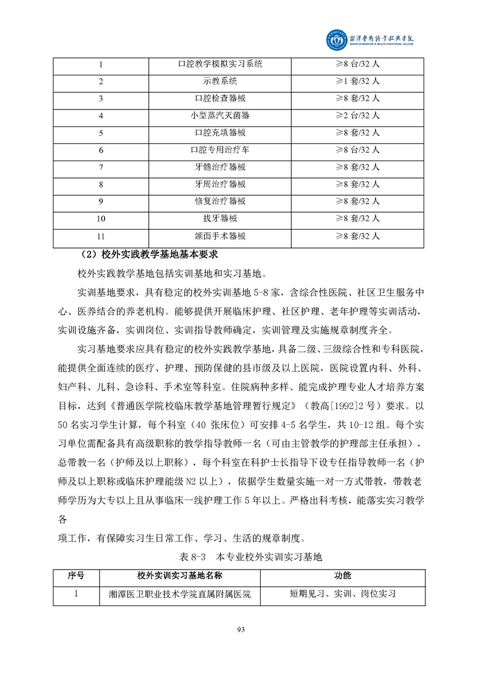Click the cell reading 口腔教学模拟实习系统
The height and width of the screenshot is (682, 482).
[220, 64]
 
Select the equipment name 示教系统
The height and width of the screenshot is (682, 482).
[220, 81]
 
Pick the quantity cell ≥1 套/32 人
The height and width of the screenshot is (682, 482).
[358, 81]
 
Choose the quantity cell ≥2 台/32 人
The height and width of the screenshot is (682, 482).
[358, 115]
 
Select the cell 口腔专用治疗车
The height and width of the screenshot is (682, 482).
[220, 150]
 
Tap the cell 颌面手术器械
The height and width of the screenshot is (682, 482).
[220, 236]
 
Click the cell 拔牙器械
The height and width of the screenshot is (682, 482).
[220, 219]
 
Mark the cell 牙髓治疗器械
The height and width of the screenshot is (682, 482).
[220, 167]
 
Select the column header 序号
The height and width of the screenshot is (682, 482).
[76, 576]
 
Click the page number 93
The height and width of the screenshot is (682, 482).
[241, 630]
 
